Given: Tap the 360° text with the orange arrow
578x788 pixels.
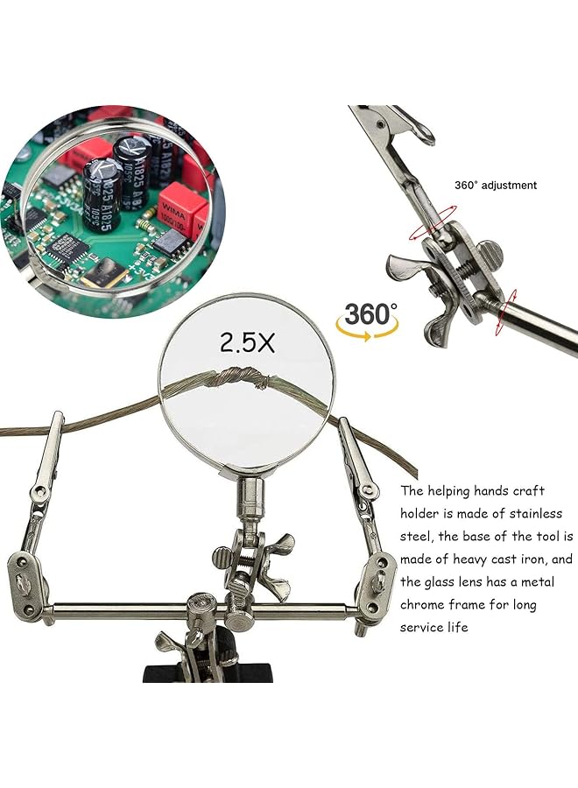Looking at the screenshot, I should [x=369, y=314].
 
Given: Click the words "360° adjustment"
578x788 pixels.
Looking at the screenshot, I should [x=496, y=185].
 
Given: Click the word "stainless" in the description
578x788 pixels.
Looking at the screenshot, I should [x=529, y=513].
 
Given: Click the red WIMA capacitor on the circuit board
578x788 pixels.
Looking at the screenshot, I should [x=180, y=210].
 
